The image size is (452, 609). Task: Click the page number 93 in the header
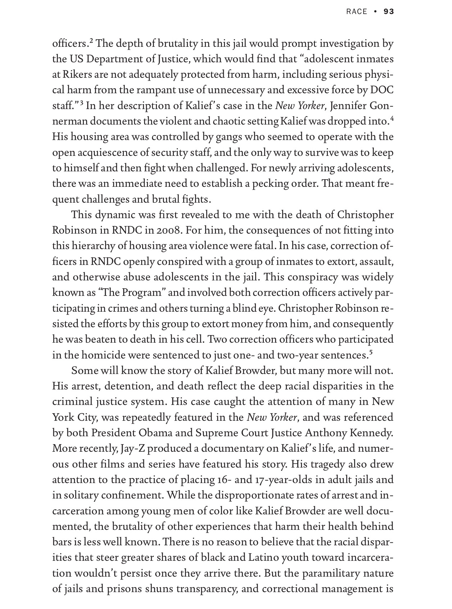(x=389, y=12)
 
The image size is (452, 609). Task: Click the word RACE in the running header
(x=356, y=12)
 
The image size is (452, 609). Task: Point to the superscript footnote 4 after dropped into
(x=392, y=119)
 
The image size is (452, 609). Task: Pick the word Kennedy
(x=374, y=433)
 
